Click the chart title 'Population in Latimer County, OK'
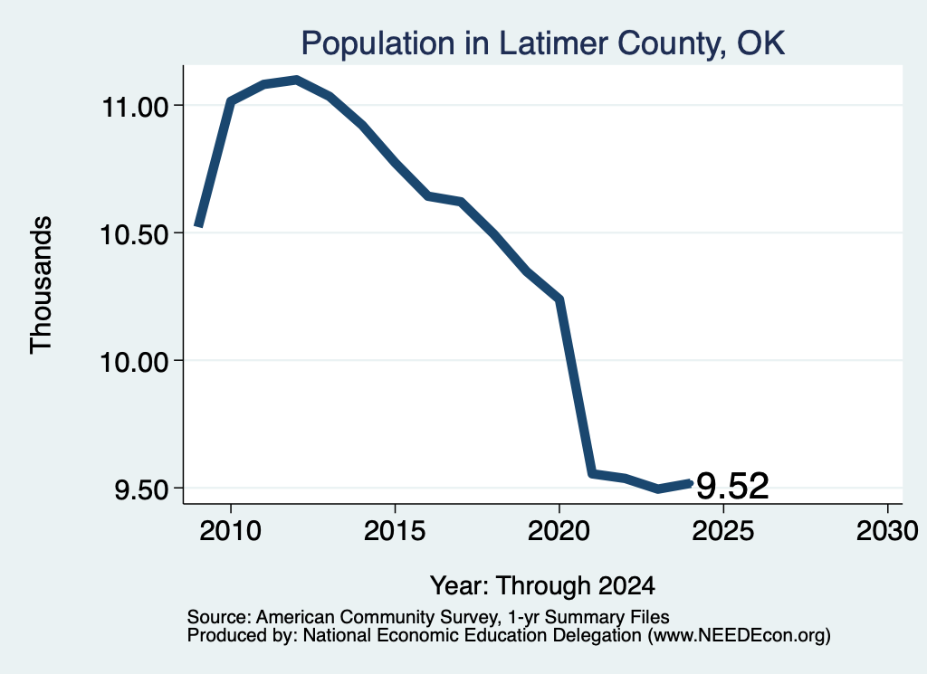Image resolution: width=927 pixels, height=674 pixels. [x=543, y=43]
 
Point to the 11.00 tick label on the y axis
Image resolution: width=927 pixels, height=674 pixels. [x=136, y=108]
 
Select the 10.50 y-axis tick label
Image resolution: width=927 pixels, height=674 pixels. [x=136, y=235]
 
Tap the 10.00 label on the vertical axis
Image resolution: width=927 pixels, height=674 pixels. [x=136, y=362]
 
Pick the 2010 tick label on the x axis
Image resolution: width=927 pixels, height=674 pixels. [x=231, y=531]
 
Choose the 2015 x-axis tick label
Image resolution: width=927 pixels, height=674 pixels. [x=395, y=531]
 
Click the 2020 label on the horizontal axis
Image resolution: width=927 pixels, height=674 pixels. [x=559, y=531]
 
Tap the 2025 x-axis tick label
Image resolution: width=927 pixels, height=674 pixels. [x=723, y=531]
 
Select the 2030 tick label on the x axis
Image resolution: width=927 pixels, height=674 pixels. [x=887, y=531]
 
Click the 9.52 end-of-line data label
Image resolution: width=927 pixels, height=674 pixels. [x=732, y=486]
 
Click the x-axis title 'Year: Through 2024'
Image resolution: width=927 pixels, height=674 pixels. [x=543, y=586]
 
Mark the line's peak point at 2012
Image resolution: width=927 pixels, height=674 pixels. [x=296, y=80]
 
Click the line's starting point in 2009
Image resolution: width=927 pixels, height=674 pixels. [x=199, y=225]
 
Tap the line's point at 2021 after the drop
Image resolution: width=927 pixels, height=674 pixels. [x=592, y=473]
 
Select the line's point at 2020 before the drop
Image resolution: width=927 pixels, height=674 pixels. [x=559, y=299]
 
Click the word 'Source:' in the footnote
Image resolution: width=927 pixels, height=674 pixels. [x=219, y=617]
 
